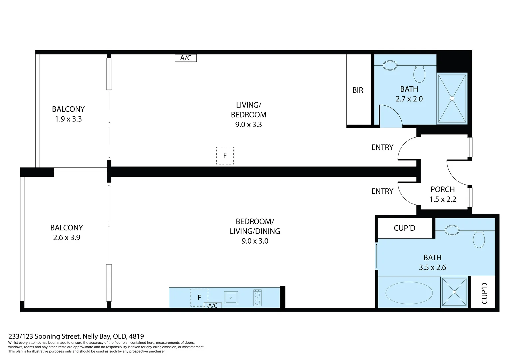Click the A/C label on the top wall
tap(186, 58)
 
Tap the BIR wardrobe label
tap(358, 90)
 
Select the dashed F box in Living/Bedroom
tap(225, 156)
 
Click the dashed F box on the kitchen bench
tap(199, 297)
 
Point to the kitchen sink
tap(231, 298)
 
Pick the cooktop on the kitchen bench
tap(257, 298)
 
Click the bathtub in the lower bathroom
tap(409, 293)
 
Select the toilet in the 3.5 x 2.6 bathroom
tap(479, 239)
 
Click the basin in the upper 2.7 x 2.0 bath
tap(390, 65)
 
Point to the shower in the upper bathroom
tap(452, 98)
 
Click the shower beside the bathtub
tap(454, 292)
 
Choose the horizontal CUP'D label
tap(404, 228)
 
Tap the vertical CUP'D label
tap(484, 293)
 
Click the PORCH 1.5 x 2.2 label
tap(443, 194)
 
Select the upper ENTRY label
tap(382, 147)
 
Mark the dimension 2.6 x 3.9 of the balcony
tap(67, 238)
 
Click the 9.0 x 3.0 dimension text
tap(255, 241)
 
